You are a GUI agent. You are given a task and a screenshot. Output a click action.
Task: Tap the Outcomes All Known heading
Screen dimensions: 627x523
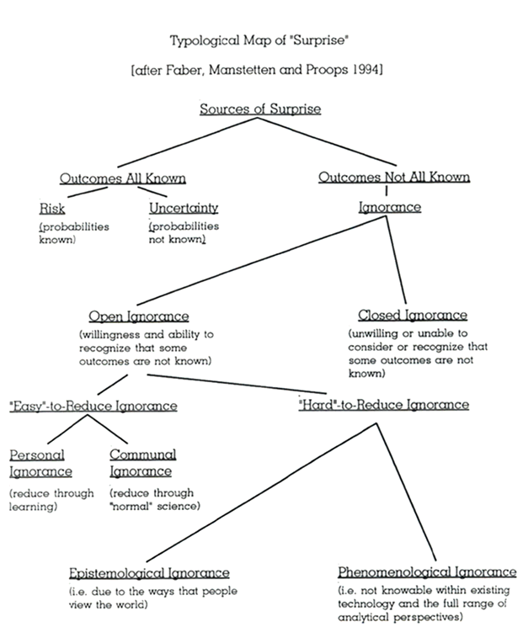pos(122,178)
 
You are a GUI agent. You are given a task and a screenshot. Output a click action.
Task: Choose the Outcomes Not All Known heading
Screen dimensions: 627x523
pos(393,178)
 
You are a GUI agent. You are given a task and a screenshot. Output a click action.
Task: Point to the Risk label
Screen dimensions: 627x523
pos(51,208)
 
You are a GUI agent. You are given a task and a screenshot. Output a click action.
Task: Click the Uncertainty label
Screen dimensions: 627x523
pos(184,208)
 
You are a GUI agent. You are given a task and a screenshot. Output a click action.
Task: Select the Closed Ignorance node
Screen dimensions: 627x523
pos(412,316)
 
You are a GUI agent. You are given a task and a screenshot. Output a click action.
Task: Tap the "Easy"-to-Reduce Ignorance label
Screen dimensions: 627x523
pos(94,406)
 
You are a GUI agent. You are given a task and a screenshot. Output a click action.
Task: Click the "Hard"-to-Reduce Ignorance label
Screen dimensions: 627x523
pos(383,405)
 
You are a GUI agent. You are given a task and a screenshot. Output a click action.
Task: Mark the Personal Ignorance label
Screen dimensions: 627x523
pos(40,463)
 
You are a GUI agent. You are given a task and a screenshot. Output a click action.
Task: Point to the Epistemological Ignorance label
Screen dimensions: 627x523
pos(149,573)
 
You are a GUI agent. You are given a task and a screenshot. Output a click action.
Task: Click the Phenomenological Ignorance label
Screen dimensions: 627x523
pos(426,572)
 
